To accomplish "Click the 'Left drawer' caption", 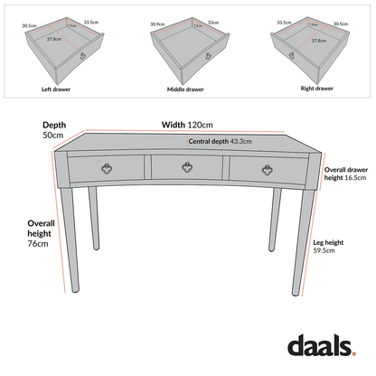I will coord(56,90).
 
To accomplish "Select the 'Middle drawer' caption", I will coord(184,90).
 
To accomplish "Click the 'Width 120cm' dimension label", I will coord(186,125).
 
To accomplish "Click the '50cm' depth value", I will coord(52,135).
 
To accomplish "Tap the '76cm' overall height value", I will coord(37,244).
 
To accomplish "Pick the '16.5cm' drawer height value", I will coord(343,179).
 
